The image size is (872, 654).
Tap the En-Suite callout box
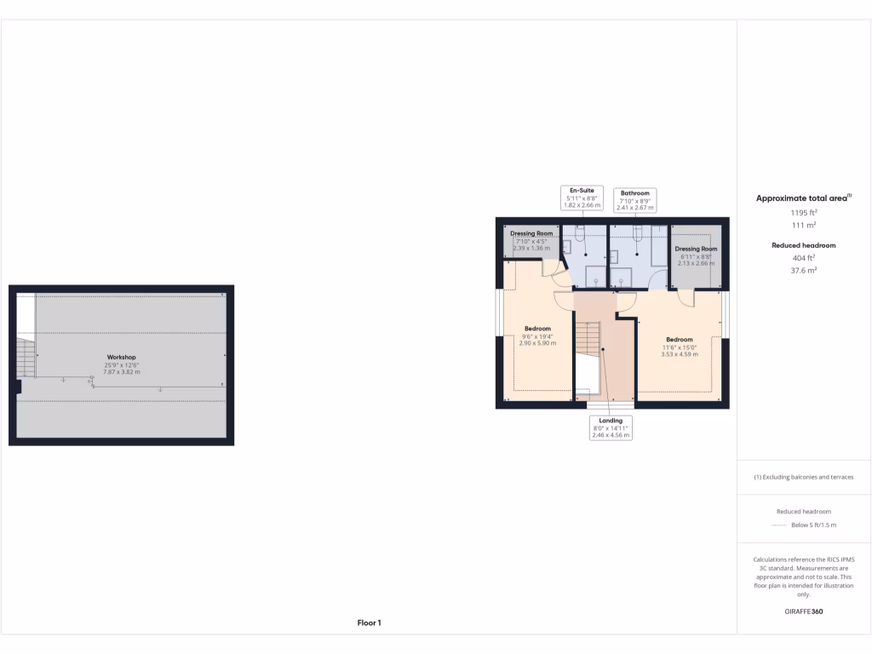click(582, 198)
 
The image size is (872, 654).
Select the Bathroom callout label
click(635, 199)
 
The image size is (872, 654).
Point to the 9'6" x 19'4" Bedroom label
click(537, 336)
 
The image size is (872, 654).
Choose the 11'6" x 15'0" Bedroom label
click(679, 346)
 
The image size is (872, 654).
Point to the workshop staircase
click(26, 357)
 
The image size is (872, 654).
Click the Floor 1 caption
click(369, 623)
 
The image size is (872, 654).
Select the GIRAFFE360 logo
click(804, 611)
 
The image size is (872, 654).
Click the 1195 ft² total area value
click(804, 213)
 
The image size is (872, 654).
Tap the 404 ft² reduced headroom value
click(804, 257)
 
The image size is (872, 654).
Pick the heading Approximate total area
click(803, 198)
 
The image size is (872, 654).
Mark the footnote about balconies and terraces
click(804, 477)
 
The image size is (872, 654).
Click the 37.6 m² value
click(804, 270)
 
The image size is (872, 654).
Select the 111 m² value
click(804, 226)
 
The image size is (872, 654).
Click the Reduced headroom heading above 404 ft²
click(804, 245)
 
